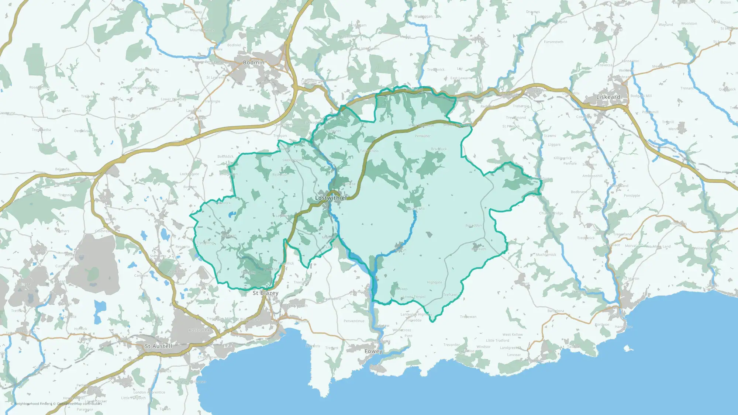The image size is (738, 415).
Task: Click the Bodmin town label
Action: click(x=254, y=63)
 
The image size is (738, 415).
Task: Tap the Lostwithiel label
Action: click(x=331, y=198)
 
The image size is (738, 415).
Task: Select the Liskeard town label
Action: click(x=608, y=97)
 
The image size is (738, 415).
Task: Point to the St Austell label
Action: click(x=158, y=346)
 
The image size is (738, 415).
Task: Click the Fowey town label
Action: click(x=373, y=351)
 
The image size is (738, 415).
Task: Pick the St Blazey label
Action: click(x=265, y=293)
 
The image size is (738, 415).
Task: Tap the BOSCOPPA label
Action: click(x=199, y=330)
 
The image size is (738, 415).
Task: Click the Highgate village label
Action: click(x=434, y=283)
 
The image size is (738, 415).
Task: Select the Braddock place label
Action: click(x=439, y=149)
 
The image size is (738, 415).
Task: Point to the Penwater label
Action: click(x=423, y=136)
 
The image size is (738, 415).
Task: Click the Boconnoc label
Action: click(x=473, y=225)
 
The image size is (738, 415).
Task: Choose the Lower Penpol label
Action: click(x=414, y=297)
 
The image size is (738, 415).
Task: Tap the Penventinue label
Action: click(x=354, y=321)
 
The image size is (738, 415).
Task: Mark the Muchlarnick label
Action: click(x=546, y=255)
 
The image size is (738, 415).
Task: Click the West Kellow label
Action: click(x=513, y=335)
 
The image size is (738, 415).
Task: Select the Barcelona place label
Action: click(x=556, y=311)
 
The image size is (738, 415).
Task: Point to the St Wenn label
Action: click(x=64, y=111)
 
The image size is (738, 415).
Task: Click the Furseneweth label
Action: click(x=553, y=42)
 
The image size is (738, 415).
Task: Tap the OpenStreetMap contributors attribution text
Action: click(x=79, y=404)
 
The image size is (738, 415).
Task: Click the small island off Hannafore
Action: click(x=627, y=348)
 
